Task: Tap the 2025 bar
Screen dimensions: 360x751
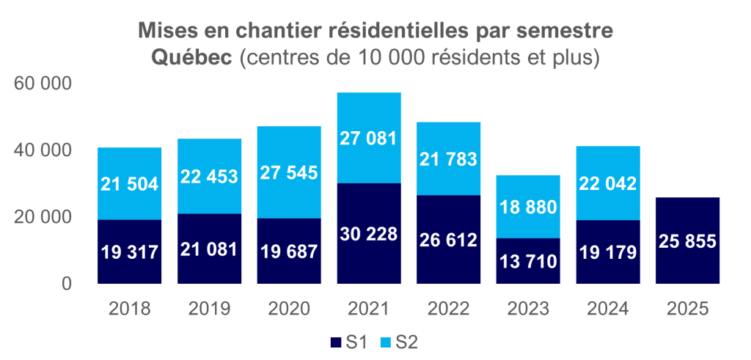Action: point(688,240)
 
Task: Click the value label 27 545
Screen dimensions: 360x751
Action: point(289,173)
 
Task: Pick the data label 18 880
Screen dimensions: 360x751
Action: point(528,206)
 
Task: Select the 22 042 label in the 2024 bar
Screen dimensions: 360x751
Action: point(608,183)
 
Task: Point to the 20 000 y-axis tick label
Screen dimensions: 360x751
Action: point(43,217)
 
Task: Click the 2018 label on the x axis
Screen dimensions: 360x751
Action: point(129,308)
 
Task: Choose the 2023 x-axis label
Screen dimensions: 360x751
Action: point(528,308)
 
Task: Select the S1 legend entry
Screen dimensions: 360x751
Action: point(349,342)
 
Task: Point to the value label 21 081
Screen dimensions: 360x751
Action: point(209,249)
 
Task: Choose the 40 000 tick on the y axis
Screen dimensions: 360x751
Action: point(43,150)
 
